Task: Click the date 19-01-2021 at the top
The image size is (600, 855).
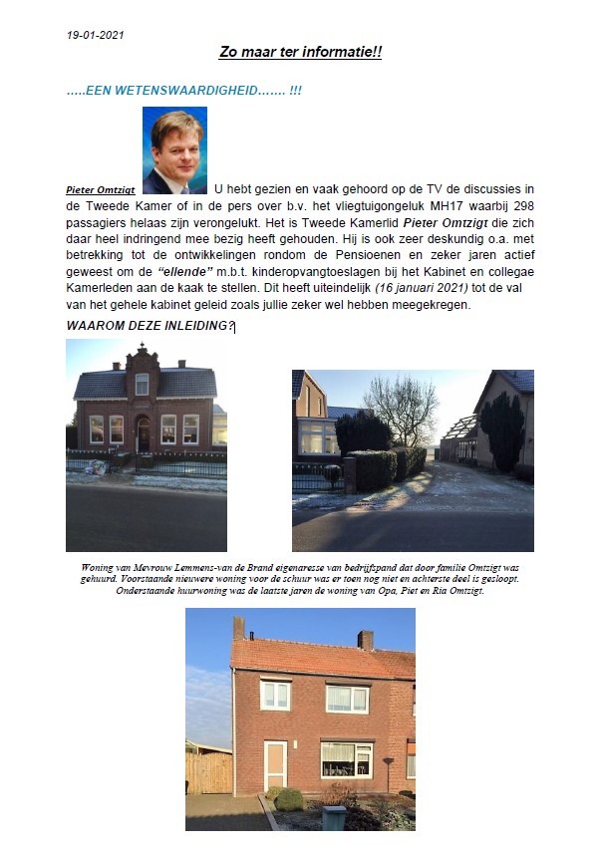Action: (96, 34)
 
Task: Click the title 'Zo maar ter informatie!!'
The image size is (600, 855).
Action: (300, 51)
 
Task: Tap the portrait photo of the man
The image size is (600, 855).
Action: (174, 149)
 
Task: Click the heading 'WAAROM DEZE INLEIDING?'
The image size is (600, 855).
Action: (150, 326)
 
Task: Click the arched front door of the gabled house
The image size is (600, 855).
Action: (143, 433)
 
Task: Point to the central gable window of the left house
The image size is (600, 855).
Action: (142, 384)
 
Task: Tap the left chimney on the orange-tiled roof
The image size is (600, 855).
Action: (239, 628)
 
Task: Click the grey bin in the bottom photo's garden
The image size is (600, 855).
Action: (334, 817)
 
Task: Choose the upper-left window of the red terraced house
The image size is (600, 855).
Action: (275, 695)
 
